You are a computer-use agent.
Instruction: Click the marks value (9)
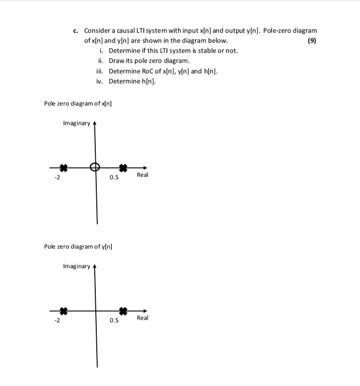312,41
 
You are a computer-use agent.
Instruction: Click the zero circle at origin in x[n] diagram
94,167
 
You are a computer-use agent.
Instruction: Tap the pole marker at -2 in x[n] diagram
63,168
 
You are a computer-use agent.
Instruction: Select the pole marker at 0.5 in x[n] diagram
123,168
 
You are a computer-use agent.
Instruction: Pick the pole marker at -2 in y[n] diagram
63,311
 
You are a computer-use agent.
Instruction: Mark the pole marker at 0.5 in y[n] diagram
123,311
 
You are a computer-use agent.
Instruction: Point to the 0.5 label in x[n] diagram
114,177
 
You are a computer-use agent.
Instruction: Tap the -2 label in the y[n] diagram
57,320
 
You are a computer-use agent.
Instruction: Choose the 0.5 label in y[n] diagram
114,320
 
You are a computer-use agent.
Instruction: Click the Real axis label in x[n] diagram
142,175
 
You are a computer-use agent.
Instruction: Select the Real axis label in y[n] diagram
142,318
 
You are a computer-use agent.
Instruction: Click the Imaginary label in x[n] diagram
77,123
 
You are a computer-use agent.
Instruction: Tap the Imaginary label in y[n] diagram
77,266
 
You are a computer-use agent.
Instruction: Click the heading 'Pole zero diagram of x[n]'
78,103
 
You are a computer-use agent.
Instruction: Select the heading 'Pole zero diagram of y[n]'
78,246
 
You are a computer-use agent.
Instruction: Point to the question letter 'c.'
76,31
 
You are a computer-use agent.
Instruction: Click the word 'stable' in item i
199,51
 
